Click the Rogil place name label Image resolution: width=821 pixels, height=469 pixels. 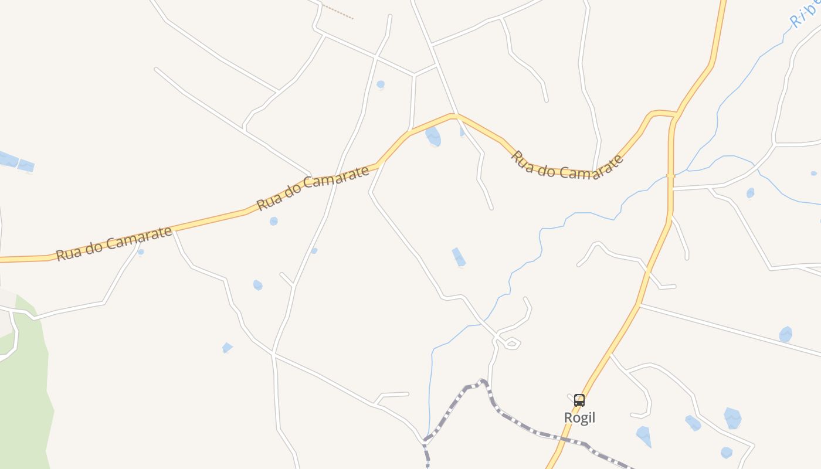pyautogui.click(x=579, y=417)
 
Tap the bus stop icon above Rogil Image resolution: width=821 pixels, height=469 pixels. pyautogui.click(x=579, y=400)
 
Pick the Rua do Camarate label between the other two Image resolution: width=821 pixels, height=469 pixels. pyautogui.click(x=313, y=187)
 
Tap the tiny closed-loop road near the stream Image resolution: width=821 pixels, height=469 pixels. pyautogui.click(x=512, y=343)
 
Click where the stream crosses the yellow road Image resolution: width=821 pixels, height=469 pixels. pyautogui.click(x=670, y=175)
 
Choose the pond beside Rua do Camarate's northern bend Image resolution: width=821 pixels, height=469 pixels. pyautogui.click(x=433, y=136)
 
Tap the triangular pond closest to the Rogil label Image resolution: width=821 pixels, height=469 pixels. pyautogui.click(x=644, y=436)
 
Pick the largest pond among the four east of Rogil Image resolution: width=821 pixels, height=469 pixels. pyautogui.click(x=732, y=418)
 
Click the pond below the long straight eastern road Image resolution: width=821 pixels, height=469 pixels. pyautogui.click(x=786, y=334)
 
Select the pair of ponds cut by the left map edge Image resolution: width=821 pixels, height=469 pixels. pyautogui.click(x=16, y=162)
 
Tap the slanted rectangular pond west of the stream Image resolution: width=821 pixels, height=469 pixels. pyautogui.click(x=459, y=257)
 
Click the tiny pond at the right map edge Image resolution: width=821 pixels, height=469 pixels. pyautogui.click(x=813, y=174)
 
